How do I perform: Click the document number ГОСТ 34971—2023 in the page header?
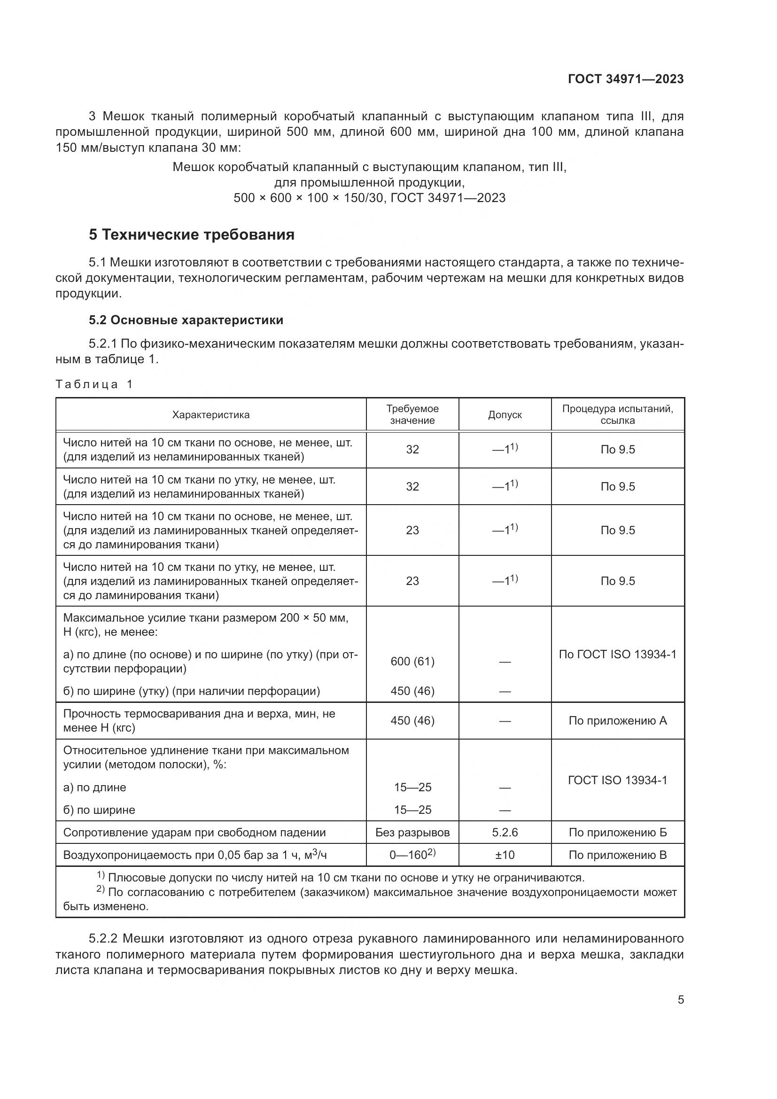pyautogui.click(x=625, y=79)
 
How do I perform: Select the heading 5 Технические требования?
pyautogui.click(x=191, y=235)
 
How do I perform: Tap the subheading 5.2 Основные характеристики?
pyautogui.click(x=186, y=320)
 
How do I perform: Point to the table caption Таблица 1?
pyautogui.click(x=94, y=384)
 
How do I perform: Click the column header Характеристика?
pyautogui.click(x=211, y=415)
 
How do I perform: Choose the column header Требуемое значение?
pyautogui.click(x=412, y=415)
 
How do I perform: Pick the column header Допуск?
pyautogui.click(x=505, y=415)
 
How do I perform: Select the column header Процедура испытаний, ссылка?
pyautogui.click(x=618, y=415)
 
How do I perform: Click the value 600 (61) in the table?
pyautogui.click(x=412, y=662)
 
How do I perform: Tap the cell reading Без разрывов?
pyautogui.click(x=412, y=833)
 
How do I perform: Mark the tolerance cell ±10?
pyautogui.click(x=505, y=855)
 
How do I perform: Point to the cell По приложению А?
pyautogui.click(x=618, y=721)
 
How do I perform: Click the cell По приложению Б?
pyautogui.click(x=618, y=833)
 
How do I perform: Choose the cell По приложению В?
pyautogui.click(x=618, y=855)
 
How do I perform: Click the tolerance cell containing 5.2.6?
pyautogui.click(x=505, y=833)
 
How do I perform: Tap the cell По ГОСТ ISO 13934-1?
pyautogui.click(x=618, y=655)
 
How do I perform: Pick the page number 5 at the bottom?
pyautogui.click(x=680, y=1000)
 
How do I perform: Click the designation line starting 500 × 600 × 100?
pyautogui.click(x=369, y=198)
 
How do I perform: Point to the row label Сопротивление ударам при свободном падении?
pyautogui.click(x=194, y=833)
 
